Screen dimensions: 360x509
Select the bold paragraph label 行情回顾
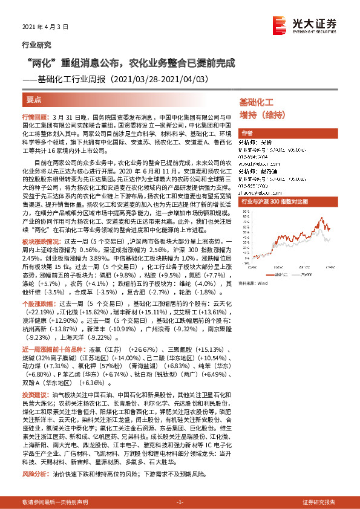pos(34,115)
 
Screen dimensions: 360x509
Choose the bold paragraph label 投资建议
pos(34,392)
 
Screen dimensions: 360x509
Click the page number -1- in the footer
pos(180,502)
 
